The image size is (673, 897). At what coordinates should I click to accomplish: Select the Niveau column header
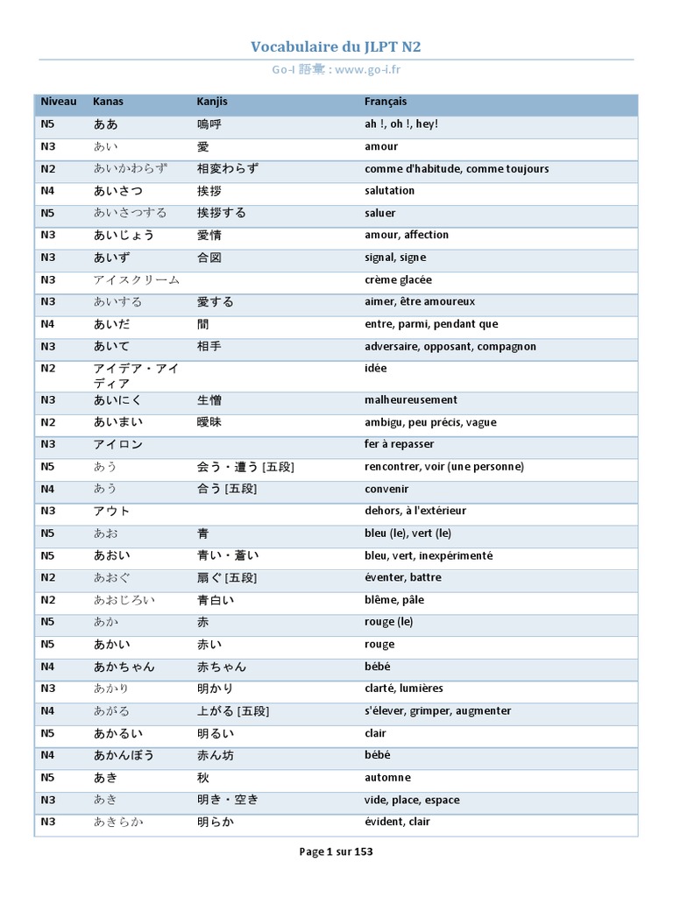click(59, 102)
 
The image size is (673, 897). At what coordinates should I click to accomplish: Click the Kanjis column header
click(212, 102)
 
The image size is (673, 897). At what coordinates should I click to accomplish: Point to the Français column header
click(386, 102)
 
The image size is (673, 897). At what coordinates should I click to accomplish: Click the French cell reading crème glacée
click(398, 279)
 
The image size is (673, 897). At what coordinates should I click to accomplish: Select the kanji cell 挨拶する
click(222, 213)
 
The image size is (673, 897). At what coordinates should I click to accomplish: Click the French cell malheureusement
click(411, 399)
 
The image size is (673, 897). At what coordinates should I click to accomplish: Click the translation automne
click(387, 778)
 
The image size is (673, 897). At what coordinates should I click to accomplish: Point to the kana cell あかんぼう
click(124, 755)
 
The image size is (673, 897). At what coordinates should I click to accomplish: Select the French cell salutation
click(390, 191)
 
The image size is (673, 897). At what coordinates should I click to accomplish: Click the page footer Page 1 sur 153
click(336, 851)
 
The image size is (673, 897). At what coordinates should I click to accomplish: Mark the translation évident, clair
click(397, 822)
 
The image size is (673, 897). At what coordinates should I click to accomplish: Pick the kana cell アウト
click(111, 511)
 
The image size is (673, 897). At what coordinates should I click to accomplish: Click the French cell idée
click(376, 369)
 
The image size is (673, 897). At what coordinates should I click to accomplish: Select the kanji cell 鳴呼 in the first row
click(209, 124)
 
